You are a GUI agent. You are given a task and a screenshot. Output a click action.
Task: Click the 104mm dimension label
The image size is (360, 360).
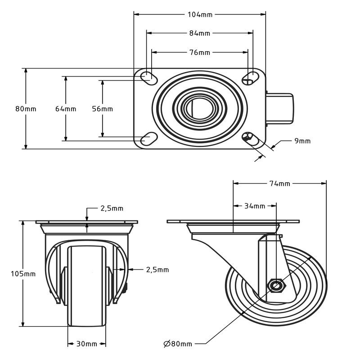[x=200, y=15]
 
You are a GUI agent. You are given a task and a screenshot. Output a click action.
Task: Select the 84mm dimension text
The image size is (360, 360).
[x=200, y=33]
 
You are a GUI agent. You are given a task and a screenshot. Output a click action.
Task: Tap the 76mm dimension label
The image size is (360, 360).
[x=200, y=53]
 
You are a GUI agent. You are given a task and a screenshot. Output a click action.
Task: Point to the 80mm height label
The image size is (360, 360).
[x=26, y=109]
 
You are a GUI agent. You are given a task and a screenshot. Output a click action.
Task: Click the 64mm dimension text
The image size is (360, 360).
[x=66, y=109]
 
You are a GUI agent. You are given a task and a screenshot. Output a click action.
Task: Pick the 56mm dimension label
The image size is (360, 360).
[x=103, y=109]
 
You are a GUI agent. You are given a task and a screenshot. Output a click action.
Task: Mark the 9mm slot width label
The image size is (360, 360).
[x=302, y=141]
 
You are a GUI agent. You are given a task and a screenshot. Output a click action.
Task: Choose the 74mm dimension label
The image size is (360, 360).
[x=279, y=184]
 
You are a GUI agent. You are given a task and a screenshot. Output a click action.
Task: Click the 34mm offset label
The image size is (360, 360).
[x=255, y=206]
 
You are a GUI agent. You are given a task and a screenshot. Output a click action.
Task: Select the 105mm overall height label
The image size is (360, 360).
[x=23, y=274]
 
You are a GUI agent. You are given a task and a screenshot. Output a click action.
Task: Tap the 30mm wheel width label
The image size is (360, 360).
[x=86, y=344]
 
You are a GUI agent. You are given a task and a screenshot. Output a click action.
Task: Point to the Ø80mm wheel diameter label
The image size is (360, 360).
[x=178, y=344]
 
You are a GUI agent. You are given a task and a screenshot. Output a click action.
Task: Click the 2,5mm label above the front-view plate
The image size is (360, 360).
[x=112, y=208]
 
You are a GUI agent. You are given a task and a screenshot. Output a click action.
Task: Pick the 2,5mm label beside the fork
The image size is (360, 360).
[x=157, y=270]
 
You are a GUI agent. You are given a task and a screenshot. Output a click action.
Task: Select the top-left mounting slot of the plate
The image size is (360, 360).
[x=149, y=78]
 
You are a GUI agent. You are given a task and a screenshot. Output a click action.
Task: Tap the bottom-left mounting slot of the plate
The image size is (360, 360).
[x=149, y=139]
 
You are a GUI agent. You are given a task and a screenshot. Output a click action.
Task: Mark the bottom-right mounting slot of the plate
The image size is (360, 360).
[x=251, y=139]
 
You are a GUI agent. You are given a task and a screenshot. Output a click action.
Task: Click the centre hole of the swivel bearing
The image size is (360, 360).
[x=199, y=108]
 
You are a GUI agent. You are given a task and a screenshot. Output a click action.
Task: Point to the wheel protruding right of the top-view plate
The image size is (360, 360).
[x=279, y=108]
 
